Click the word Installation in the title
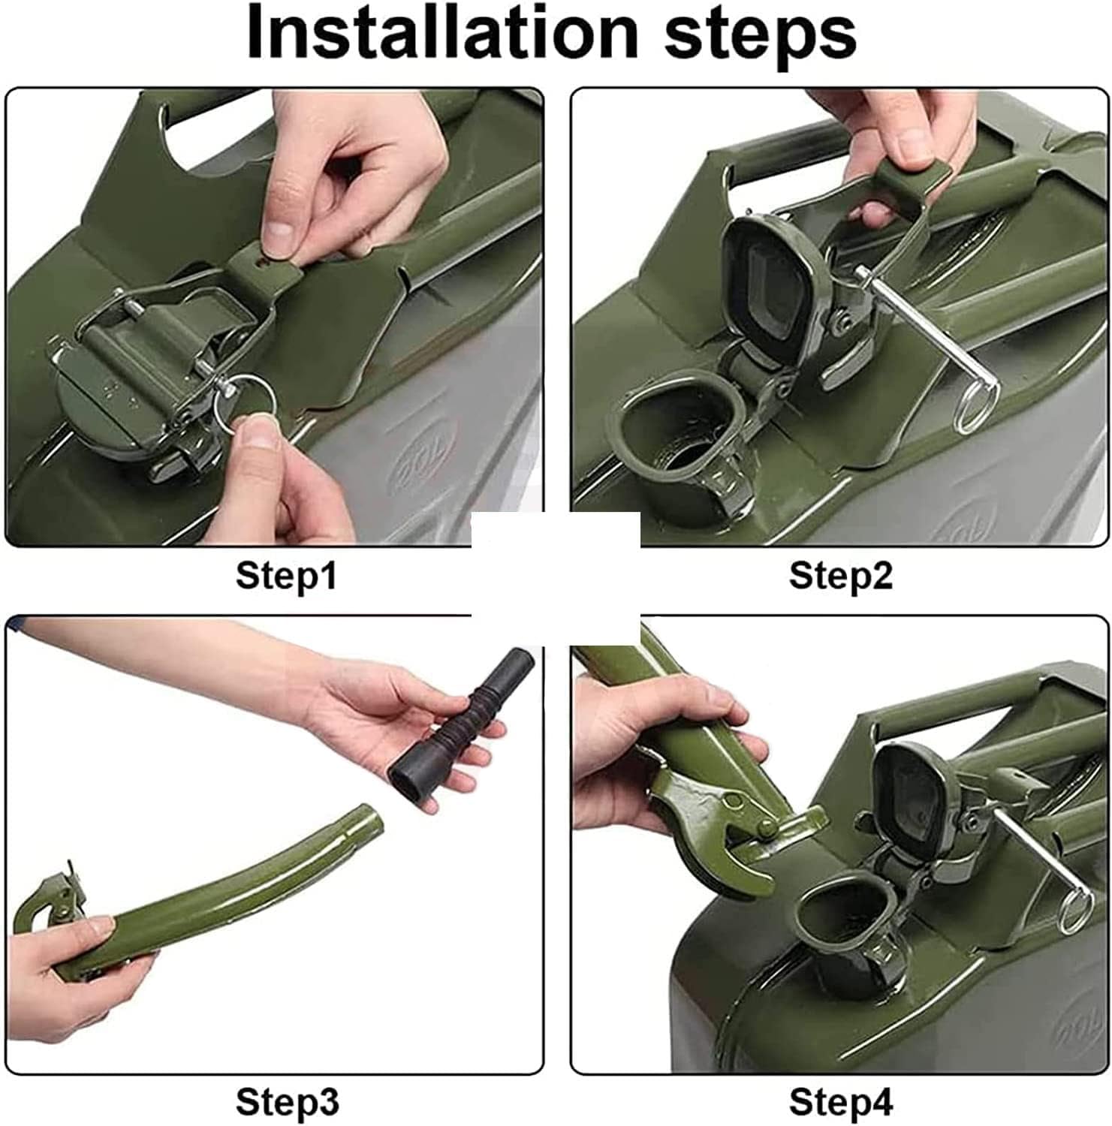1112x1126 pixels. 441,33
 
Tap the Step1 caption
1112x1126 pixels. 286,576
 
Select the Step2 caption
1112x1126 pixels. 840,576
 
